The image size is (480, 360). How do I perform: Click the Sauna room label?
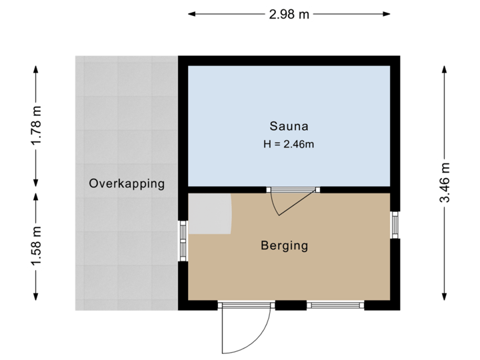tap(289, 125)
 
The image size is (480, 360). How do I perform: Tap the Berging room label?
tap(285, 245)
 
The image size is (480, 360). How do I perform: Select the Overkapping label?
tap(127, 184)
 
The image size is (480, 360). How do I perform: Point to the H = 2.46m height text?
tap(289, 144)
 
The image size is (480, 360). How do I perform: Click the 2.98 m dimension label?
tap(289, 13)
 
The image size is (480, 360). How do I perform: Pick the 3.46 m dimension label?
tap(444, 183)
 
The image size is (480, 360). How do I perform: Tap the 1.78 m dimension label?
tap(36, 125)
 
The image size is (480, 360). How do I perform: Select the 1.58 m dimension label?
tap(36, 246)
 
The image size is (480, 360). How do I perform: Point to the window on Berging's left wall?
tap(183, 240)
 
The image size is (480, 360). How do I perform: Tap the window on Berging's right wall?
tap(395, 224)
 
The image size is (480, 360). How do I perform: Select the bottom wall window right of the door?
tap(335, 306)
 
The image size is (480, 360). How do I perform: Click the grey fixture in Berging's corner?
tap(209, 213)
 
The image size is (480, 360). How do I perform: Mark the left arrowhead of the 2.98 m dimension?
tap(191, 13)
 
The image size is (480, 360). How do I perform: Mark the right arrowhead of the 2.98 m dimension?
tap(387, 13)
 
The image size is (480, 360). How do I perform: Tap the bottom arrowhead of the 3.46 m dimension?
tap(444, 298)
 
